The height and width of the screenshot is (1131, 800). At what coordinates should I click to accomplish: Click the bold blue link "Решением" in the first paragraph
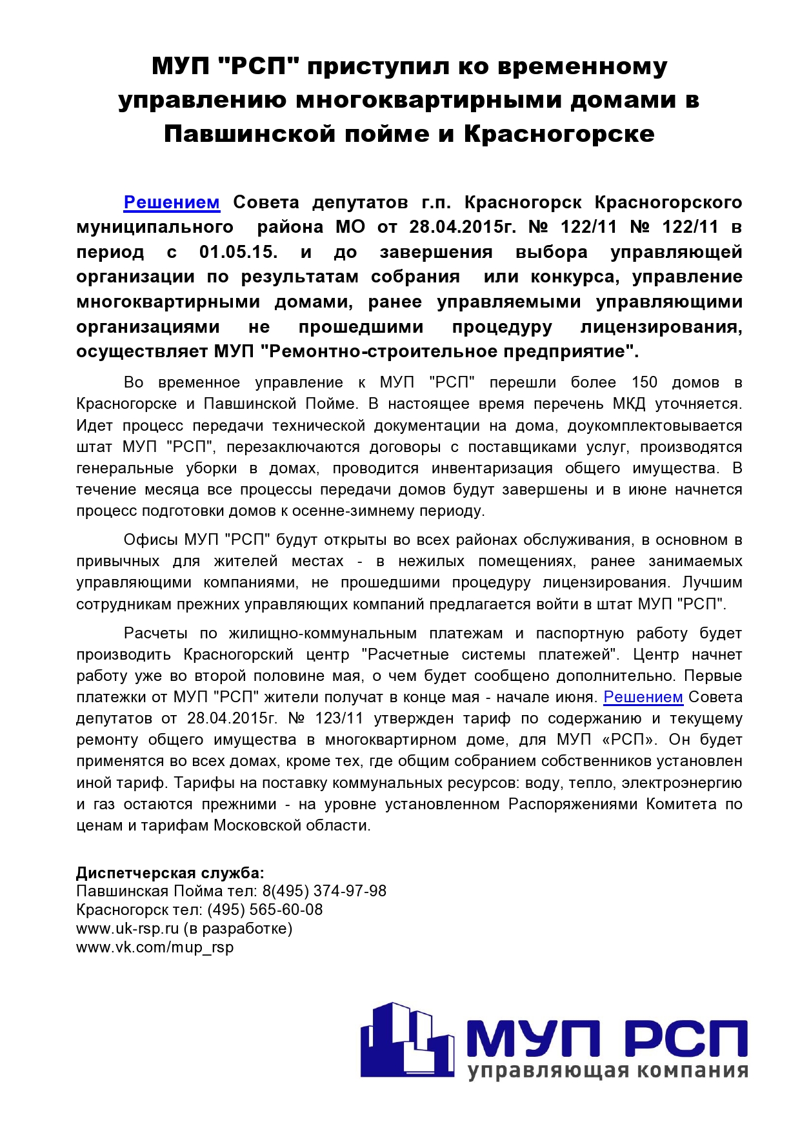click(172, 202)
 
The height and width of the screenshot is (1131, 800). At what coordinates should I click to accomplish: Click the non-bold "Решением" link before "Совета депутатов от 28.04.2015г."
click(643, 697)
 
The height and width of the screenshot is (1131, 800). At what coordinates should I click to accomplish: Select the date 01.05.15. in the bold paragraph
click(238, 252)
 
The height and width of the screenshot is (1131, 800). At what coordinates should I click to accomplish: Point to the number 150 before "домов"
click(644, 382)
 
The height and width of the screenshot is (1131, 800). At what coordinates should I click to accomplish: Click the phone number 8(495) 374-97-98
click(324, 891)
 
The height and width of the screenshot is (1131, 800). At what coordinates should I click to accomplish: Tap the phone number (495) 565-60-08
click(265, 910)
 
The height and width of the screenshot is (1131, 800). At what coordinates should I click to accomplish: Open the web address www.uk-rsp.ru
click(127, 929)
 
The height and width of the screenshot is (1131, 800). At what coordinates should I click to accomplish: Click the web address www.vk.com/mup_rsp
click(155, 947)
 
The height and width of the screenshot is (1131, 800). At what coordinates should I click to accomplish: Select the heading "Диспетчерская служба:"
click(170, 873)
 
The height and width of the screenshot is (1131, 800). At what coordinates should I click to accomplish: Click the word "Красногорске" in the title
click(559, 134)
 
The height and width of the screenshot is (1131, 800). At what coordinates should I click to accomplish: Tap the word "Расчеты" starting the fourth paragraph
click(155, 633)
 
